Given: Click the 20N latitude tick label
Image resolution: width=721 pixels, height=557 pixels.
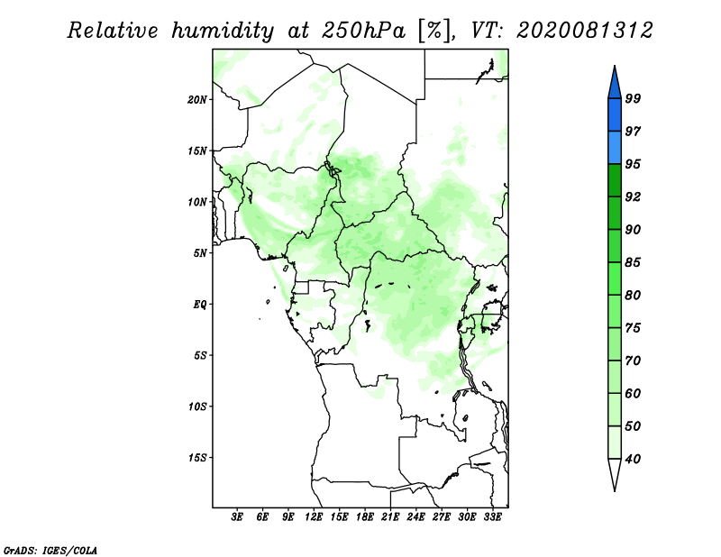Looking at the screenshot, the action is (x=197, y=100).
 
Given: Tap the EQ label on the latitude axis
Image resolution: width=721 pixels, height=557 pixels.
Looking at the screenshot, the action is (x=200, y=305).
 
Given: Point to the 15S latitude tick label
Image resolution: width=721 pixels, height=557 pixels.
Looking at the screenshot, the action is (x=197, y=458).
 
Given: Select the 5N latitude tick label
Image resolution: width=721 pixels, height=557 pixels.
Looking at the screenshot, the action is (x=200, y=253).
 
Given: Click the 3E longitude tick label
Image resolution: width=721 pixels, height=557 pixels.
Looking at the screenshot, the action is (x=237, y=517).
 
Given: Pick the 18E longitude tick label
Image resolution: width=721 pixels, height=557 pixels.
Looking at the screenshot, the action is (x=365, y=517).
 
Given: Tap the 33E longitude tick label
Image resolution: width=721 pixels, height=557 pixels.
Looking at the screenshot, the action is (x=492, y=517).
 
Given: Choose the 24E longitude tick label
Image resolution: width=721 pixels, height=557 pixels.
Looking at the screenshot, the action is (x=415, y=517).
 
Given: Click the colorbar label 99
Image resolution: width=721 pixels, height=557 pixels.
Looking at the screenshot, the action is (x=633, y=98).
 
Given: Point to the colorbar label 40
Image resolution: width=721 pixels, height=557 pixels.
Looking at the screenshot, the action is (x=633, y=459).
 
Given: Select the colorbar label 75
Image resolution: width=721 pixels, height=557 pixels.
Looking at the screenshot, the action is (x=633, y=328).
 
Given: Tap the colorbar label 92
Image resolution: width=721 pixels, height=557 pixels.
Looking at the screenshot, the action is (x=633, y=196).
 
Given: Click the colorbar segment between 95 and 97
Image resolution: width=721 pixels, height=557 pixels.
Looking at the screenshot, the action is (x=615, y=148).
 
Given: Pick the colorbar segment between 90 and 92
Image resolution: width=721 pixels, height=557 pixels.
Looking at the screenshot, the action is (x=615, y=213).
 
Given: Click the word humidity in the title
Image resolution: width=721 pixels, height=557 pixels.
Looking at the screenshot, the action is (x=223, y=31).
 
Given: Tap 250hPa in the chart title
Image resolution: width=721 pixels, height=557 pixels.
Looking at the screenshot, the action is (x=363, y=31).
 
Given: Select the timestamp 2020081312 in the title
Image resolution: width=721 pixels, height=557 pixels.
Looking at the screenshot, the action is (x=584, y=31).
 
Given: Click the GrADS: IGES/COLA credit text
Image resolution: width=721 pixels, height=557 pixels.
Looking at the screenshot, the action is (x=50, y=551).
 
